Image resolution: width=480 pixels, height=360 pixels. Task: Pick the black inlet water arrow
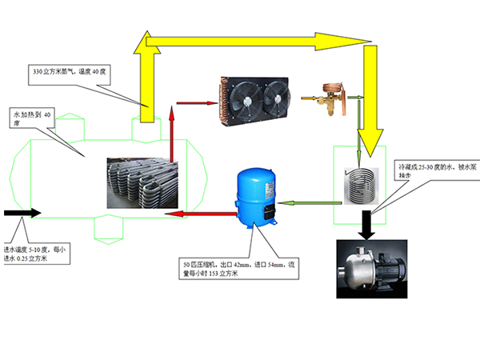[22, 214]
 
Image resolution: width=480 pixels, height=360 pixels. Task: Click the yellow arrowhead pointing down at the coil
[369, 142]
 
